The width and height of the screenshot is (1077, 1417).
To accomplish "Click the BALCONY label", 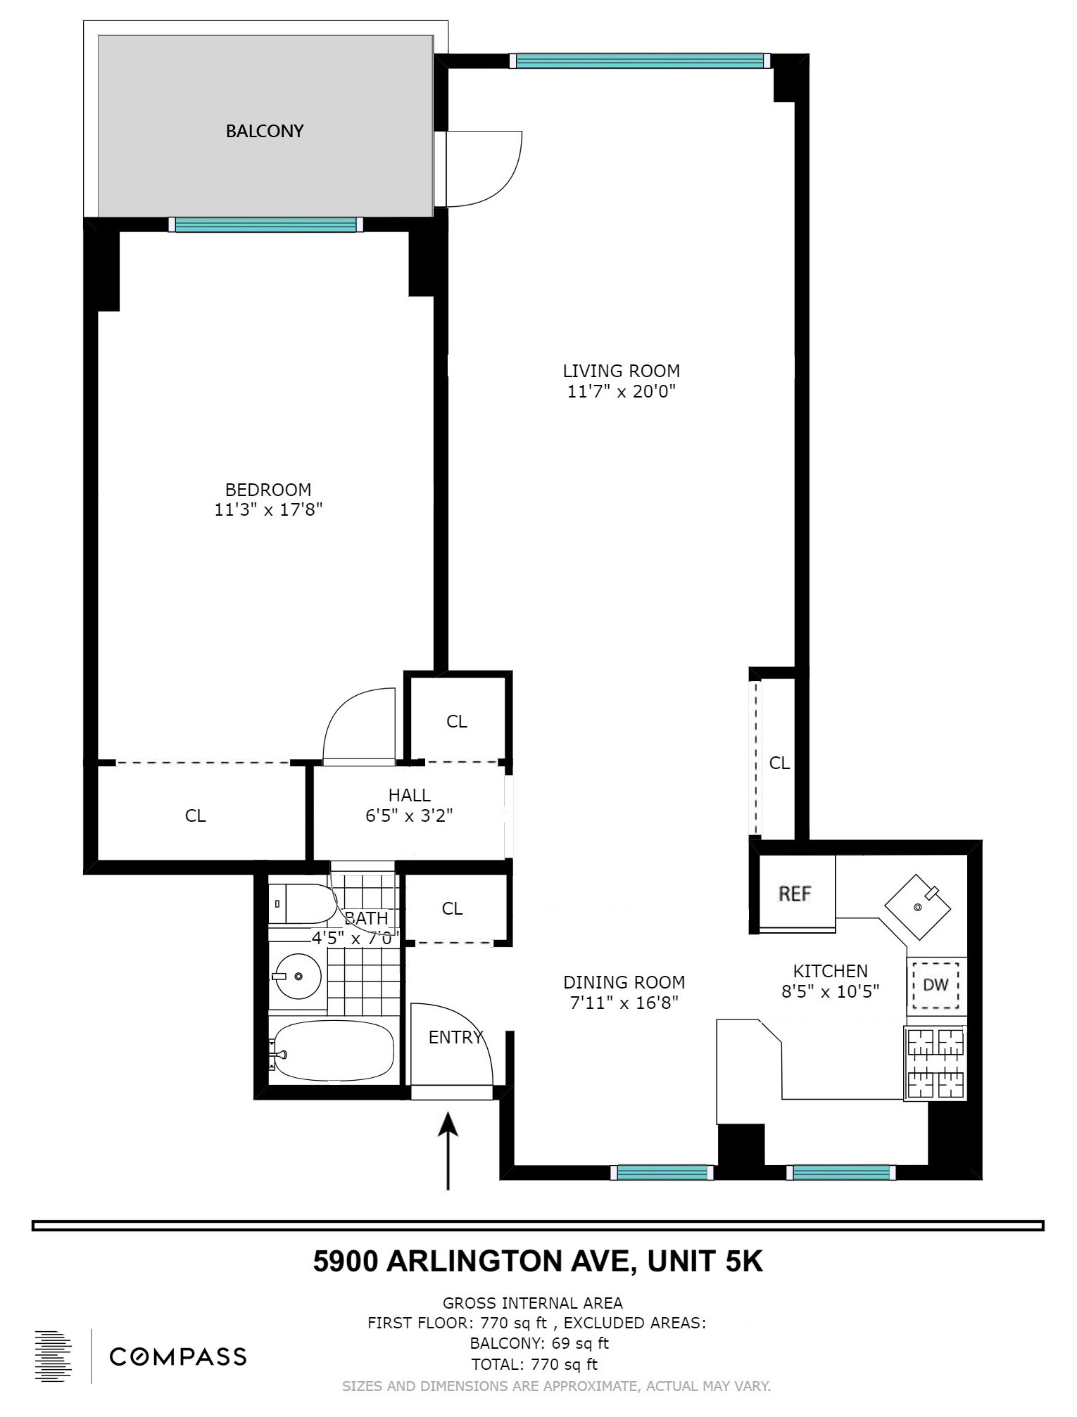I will pyautogui.click(x=264, y=131).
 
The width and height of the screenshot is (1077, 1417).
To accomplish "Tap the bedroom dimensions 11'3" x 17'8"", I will pyautogui.click(x=268, y=509).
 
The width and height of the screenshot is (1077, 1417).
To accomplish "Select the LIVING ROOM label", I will pyautogui.click(x=621, y=371).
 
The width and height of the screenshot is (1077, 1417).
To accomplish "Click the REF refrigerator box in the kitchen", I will pyautogui.click(x=795, y=894).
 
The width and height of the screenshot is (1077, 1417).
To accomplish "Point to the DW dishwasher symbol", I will pyautogui.click(x=936, y=985).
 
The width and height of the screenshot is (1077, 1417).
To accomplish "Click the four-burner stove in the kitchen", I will pyautogui.click(x=936, y=1062).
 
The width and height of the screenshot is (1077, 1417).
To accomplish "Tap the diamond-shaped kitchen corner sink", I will pyautogui.click(x=918, y=907).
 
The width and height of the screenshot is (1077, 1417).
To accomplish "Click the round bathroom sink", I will pyautogui.click(x=298, y=977).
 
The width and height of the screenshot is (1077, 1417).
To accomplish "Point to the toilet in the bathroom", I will pyautogui.click(x=303, y=904).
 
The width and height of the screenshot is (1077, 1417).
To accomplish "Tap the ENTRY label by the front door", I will pyautogui.click(x=455, y=1037).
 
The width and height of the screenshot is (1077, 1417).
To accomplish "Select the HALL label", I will pyautogui.click(x=409, y=795).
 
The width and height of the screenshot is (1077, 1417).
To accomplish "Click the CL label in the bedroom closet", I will pyautogui.click(x=195, y=815).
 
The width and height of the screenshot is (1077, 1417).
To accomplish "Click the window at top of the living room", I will pyautogui.click(x=639, y=61).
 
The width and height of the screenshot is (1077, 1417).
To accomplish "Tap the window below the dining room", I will pyautogui.click(x=662, y=1172).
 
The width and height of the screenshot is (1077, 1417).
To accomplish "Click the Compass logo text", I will pyautogui.click(x=178, y=1356).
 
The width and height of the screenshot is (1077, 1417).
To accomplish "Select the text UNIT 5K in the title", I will pyautogui.click(x=705, y=1262).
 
